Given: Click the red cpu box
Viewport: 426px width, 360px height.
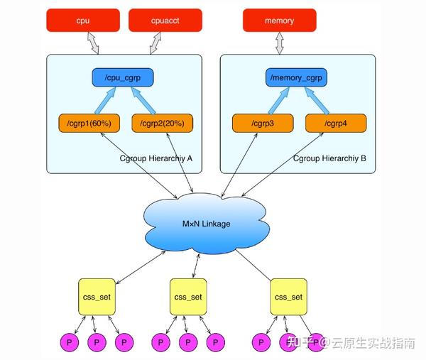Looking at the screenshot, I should click(83, 21).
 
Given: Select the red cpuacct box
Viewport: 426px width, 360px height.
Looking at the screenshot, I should click(165, 21).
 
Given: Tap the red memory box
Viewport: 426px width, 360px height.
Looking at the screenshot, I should click(279, 21).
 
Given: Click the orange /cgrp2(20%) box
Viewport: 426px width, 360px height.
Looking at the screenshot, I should click(163, 124).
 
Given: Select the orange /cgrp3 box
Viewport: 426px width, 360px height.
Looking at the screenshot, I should click(263, 124).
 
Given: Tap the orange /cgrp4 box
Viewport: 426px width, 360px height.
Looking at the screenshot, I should click(336, 124).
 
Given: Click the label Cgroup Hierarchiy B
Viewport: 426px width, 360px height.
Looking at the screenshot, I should click(329, 158).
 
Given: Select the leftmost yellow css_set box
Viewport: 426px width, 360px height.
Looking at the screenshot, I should click(96, 297).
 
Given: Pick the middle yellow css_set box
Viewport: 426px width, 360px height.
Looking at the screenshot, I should click(188, 297).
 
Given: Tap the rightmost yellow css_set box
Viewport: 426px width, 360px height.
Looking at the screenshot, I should click(288, 297).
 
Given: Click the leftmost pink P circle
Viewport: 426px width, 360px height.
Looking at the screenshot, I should click(68, 342).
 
